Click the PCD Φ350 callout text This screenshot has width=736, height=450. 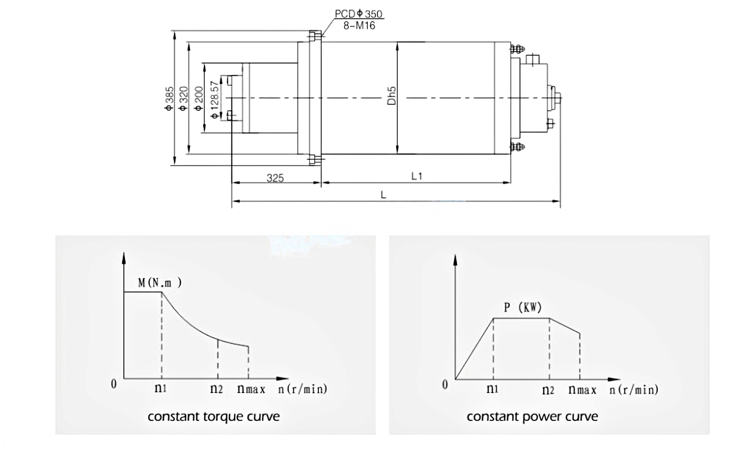(358, 14)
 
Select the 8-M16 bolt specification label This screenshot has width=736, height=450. (359, 26)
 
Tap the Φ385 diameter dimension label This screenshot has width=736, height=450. (169, 98)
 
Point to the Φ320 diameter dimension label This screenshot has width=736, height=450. (183, 98)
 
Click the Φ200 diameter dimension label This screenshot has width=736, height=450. (199, 98)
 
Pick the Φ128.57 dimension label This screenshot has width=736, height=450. (215, 100)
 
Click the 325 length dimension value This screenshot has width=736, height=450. (275, 178)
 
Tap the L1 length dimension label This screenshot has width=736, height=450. (417, 176)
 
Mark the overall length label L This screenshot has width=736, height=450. (383, 195)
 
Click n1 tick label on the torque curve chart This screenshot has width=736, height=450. (160, 388)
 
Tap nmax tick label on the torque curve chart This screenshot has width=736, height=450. (251, 389)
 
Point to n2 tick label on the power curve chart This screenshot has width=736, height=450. (548, 390)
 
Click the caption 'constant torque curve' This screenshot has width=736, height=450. (214, 417)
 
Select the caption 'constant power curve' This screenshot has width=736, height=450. (532, 417)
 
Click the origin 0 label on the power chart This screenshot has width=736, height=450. (445, 384)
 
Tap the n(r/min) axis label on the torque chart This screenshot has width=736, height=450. (303, 389)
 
